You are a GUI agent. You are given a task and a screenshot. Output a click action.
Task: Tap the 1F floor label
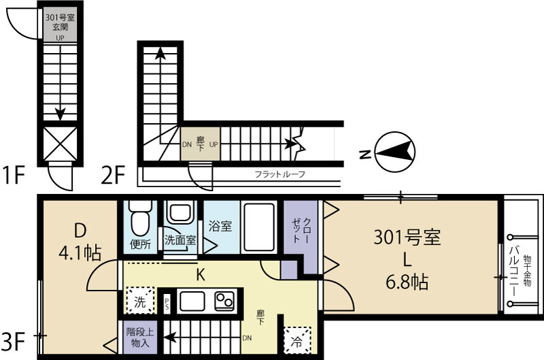point(14,177)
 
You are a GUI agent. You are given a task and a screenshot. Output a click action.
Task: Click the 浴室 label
point(220,224)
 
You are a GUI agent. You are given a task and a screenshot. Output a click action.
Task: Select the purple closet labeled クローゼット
point(300,235)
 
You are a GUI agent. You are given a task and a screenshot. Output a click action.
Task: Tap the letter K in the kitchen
point(201,274)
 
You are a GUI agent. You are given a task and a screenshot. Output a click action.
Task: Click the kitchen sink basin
point(192,300)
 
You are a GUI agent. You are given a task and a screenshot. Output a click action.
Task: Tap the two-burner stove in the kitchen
point(225,301)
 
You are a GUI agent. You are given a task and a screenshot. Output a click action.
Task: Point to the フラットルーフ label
point(279,174)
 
